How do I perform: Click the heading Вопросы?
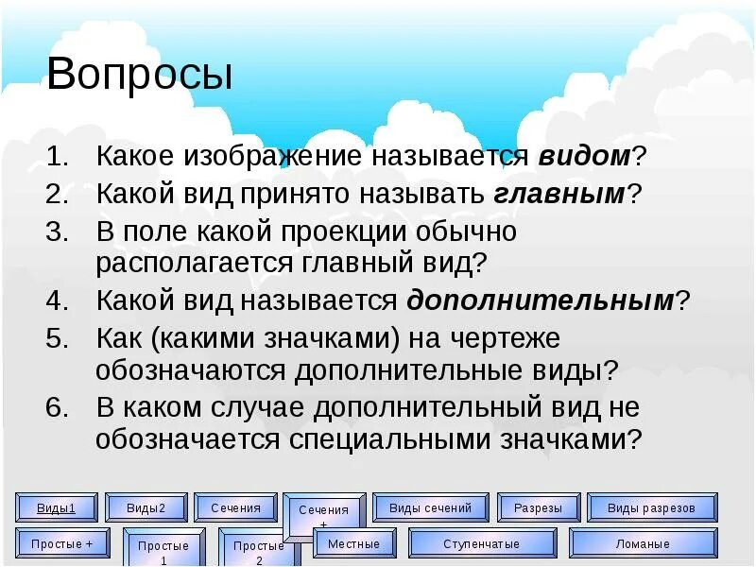[140, 75]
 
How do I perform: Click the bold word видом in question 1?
[584, 156]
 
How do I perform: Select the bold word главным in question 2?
[558, 194]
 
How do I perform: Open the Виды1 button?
[56, 507]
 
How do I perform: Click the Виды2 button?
[146, 507]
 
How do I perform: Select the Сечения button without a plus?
[235, 507]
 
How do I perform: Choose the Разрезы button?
[538, 507]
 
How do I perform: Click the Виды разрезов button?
[650, 507]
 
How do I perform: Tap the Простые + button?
[61, 543]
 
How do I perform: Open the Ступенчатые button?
[481, 543]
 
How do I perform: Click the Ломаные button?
[643, 543]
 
